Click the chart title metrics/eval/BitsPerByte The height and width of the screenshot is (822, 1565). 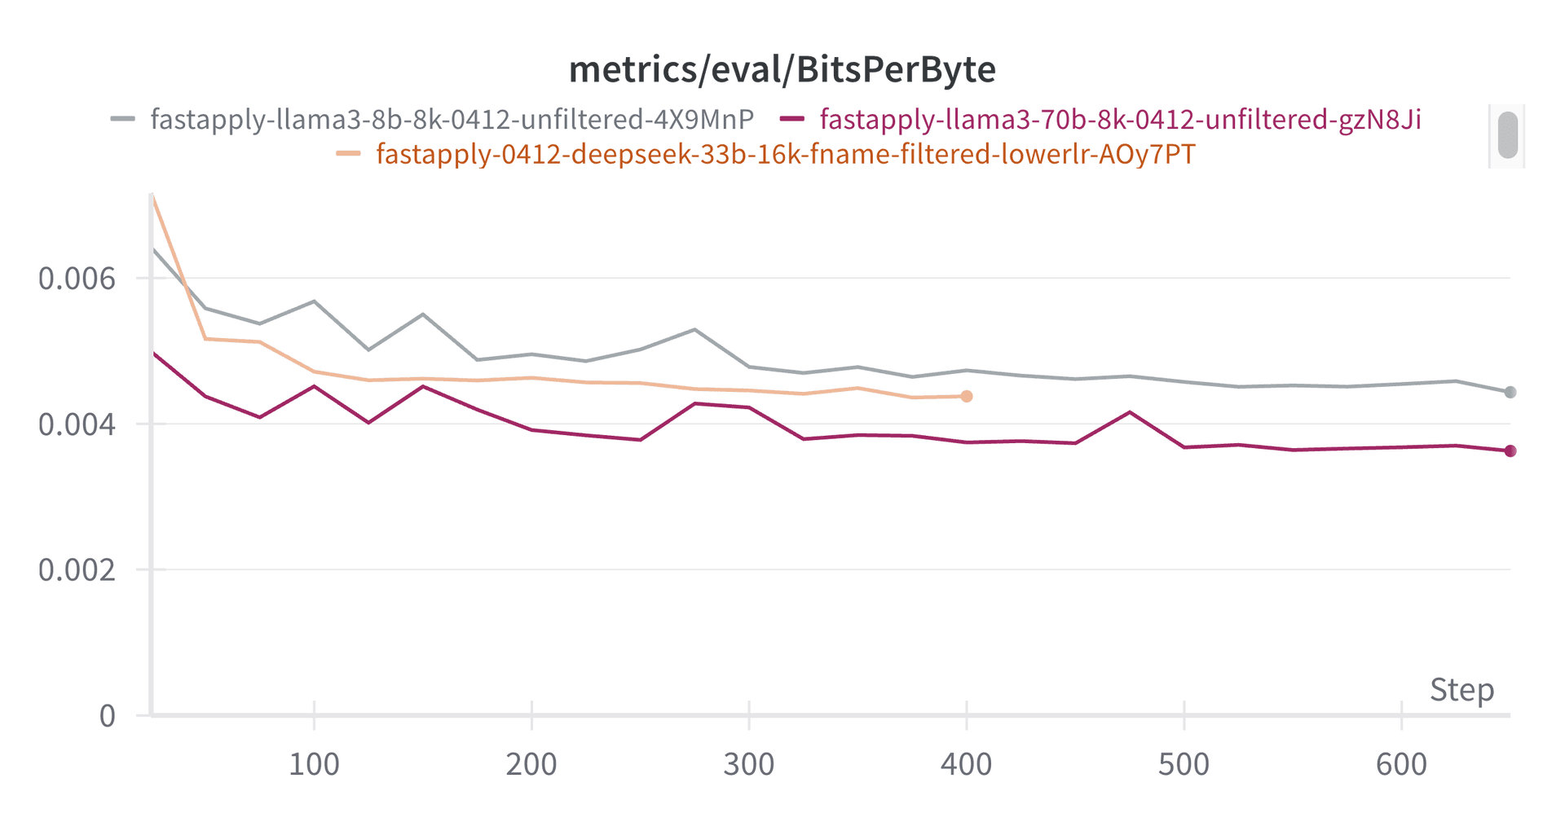[x=782, y=70]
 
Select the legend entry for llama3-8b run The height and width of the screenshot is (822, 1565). [x=452, y=120]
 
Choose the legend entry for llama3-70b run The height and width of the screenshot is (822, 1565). [x=1120, y=120]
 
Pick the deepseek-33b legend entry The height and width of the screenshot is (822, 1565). [x=785, y=154]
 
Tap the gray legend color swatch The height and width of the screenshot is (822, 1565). [x=123, y=120]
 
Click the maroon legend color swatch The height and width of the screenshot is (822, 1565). [x=792, y=120]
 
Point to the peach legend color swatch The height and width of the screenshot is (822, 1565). [x=349, y=154]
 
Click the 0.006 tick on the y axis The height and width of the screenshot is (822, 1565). [x=77, y=279]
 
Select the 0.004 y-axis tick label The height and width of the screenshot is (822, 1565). [x=77, y=424]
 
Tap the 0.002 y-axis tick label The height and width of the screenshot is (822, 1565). [x=77, y=569]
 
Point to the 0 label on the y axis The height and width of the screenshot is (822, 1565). [x=108, y=716]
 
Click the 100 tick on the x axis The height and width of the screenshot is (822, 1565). [x=314, y=765]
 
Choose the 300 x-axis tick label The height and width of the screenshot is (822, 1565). [x=749, y=765]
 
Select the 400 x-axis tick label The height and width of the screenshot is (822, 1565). [x=966, y=765]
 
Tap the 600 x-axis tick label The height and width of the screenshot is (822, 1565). [x=1401, y=765]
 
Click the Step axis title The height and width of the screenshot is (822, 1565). [x=1461, y=690]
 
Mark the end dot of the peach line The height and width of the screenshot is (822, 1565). [x=967, y=397]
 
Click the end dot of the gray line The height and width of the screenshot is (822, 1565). [x=1510, y=393]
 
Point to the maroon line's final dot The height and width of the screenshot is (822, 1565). [x=1510, y=451]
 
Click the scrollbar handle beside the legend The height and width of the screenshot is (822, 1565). [x=1508, y=135]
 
